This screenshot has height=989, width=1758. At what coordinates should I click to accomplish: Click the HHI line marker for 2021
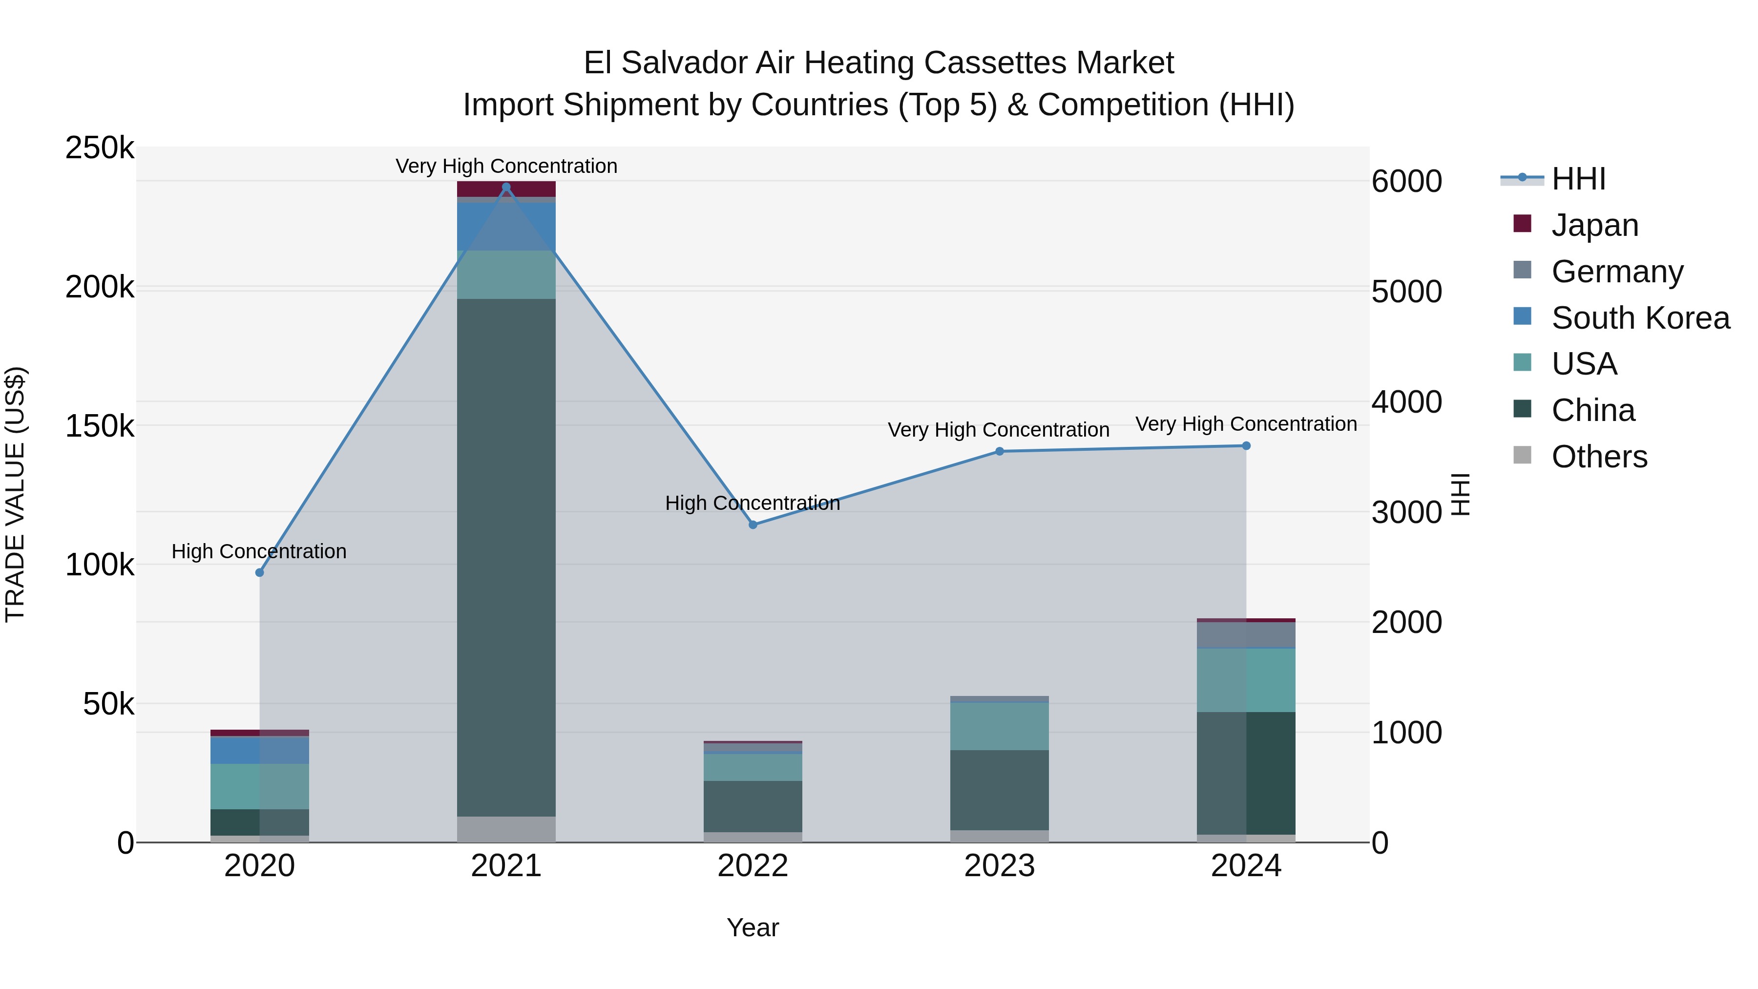pos(506,187)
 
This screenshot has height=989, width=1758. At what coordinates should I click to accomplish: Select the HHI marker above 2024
pos(1246,446)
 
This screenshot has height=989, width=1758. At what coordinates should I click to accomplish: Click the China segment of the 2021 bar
pos(506,557)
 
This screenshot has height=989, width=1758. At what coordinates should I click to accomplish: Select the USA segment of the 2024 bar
pos(1246,680)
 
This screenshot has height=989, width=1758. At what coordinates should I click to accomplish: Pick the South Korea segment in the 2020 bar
pos(259,751)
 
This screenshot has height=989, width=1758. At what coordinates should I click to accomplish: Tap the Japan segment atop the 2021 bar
pos(506,189)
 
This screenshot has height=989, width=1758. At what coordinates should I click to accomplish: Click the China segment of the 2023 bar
pos(999,790)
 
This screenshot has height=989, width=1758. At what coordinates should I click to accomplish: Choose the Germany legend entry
pos(1617,272)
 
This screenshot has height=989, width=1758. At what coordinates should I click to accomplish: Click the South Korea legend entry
pos(1640,318)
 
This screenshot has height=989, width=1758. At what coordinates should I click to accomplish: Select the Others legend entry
pos(1599,457)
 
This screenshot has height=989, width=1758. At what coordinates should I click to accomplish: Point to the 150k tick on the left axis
pos(100,426)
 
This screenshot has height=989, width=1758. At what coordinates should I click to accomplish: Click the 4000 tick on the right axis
pos(1406,402)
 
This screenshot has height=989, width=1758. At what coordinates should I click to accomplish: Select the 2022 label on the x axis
pos(753,866)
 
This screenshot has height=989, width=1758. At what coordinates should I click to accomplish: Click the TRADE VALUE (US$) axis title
pos(15,494)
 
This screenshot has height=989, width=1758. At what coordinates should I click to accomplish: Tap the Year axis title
pos(753,927)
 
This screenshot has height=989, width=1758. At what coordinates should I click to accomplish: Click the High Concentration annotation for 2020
pos(259,551)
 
